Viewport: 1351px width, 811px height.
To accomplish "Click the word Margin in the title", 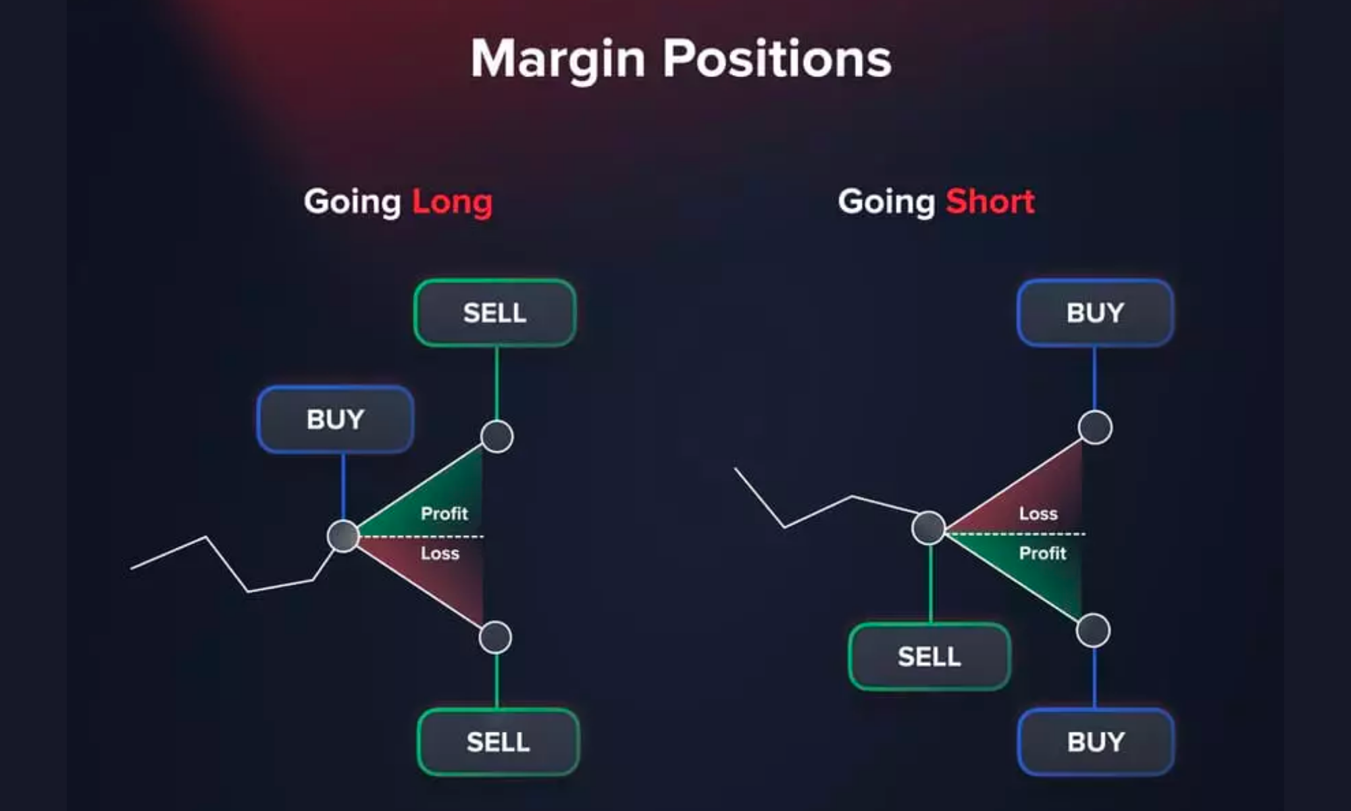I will tap(558, 59).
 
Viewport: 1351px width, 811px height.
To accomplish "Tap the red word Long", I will tap(452, 202).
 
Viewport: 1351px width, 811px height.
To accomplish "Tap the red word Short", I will tap(990, 201).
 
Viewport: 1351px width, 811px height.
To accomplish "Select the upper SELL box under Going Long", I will tap(495, 313).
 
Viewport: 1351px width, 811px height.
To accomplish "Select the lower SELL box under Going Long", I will tap(499, 742).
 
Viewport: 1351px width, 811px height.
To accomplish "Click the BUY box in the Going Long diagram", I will tap(335, 420).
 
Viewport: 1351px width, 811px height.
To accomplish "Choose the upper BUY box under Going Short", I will tap(1095, 313).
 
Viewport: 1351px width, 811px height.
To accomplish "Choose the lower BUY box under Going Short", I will tap(1096, 742).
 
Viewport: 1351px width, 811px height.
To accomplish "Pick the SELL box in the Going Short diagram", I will tap(929, 656).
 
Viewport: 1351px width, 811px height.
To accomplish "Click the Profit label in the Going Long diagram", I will tap(444, 514).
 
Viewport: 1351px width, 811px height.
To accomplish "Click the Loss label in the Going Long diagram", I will tap(440, 554).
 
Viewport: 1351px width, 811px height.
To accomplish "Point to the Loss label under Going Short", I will tap(1038, 514).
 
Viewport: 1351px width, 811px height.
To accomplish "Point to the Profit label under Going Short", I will tap(1042, 554).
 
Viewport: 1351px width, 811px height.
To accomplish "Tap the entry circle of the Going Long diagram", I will tap(343, 536).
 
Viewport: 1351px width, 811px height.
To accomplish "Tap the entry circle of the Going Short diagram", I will tap(929, 528).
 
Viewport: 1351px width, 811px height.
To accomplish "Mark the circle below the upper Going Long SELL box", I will tap(497, 436).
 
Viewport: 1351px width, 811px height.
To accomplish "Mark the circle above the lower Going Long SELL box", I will tap(495, 637).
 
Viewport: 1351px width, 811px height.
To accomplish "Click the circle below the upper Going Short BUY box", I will tap(1095, 427).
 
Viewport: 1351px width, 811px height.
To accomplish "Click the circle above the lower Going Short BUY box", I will tap(1093, 631).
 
